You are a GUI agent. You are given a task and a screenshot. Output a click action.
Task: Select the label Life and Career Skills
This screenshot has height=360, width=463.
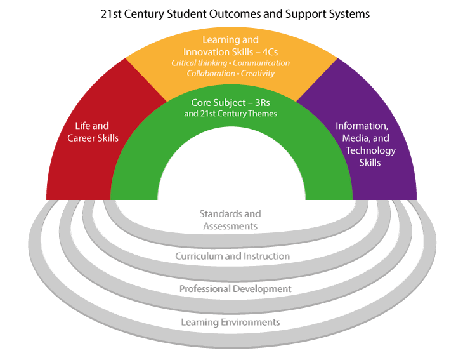92,132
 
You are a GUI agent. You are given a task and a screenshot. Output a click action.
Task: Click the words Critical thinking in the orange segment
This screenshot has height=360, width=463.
200,63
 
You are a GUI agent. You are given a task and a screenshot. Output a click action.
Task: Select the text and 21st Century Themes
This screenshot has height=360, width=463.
231,114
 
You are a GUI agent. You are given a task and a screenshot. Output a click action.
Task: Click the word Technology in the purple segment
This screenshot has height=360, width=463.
370,150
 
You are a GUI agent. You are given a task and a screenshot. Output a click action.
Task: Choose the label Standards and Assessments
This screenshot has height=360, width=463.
230,220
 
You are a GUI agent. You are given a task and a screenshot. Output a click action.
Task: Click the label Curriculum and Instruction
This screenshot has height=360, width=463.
232,256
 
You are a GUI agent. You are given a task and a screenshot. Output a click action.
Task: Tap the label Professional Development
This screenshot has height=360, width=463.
235,289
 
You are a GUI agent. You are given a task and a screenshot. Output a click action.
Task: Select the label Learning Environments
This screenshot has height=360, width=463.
230,322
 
